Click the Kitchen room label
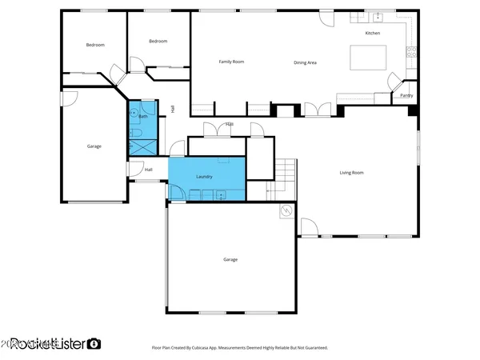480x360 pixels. pos(372,34)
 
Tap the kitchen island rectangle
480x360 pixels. pos(368,58)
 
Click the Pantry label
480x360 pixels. pos(406,95)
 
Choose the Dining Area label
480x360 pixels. pos(306,62)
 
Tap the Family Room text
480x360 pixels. pos(231,62)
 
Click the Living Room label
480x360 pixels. pos(352,172)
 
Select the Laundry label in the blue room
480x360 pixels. pos(204,175)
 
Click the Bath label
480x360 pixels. pos(143,117)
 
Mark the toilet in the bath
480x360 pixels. pos(134,130)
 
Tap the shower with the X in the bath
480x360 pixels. pos(142,146)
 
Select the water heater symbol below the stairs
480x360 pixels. pos(286,211)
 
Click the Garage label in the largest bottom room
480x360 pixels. pos(230,259)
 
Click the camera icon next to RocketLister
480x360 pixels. pos(94,344)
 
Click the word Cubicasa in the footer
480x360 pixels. pos(215,348)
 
